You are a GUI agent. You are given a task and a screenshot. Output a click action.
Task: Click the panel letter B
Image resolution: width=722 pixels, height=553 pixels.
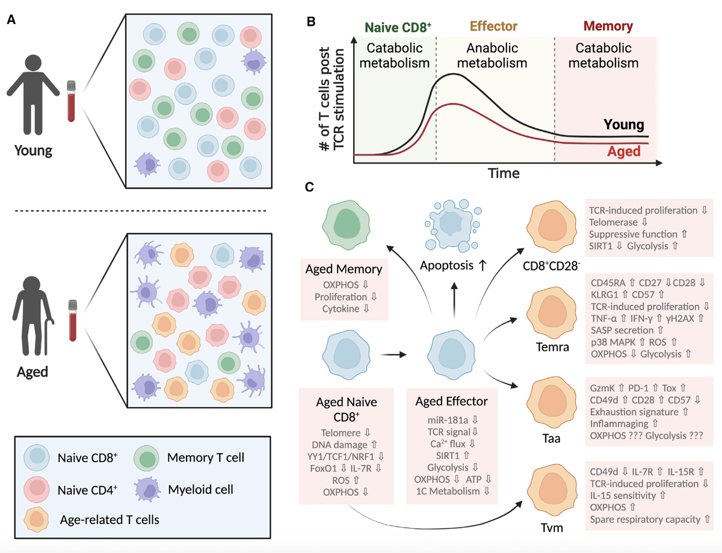pos(311,22)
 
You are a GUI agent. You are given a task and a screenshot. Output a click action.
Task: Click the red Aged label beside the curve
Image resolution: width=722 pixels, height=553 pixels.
pos(623,152)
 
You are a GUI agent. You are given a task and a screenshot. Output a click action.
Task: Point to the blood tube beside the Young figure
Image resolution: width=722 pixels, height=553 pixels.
pos(72,102)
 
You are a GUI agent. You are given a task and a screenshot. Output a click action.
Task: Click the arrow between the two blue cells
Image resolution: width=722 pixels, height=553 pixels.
pos(392,355)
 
